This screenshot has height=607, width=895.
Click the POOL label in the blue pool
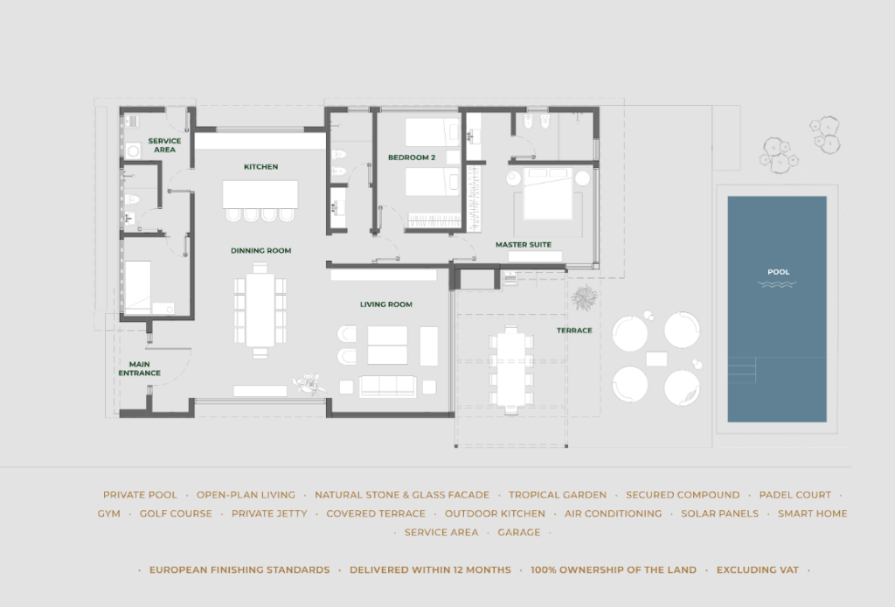779,272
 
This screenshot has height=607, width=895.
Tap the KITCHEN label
260,167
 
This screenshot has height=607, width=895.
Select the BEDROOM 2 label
412,157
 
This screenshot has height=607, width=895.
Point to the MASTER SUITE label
524,244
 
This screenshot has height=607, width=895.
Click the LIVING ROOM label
385,304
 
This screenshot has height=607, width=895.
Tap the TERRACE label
574,330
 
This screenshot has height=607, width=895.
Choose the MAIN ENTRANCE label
139,368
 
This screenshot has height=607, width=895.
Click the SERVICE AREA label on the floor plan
164,145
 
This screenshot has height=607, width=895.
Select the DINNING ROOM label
260,250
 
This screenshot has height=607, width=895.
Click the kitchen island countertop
260,195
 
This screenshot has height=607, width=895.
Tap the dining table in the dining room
260,310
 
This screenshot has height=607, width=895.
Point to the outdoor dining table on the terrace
510,369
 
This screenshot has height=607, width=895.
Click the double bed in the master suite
548,193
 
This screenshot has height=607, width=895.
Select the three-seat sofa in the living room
387,387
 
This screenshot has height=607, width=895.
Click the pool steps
742,370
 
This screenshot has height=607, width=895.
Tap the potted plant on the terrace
585,297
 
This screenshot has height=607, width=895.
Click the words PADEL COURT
795,495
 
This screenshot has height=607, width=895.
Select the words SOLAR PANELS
720,514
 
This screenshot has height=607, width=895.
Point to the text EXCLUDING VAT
758,570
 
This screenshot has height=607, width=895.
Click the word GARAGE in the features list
519,532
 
